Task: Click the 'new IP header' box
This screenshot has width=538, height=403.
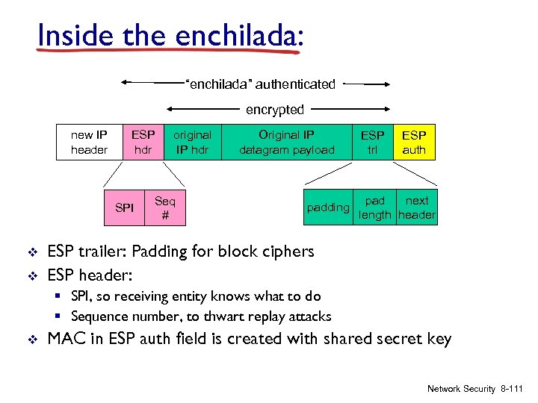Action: [88, 143]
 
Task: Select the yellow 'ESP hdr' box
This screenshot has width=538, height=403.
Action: [143, 143]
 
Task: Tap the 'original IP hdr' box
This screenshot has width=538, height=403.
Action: [192, 143]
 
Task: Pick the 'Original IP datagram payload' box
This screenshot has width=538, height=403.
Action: [286, 143]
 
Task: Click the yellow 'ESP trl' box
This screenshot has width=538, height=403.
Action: [372, 143]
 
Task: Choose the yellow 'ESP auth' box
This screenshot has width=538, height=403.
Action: [414, 143]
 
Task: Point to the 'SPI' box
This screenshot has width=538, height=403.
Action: [125, 207]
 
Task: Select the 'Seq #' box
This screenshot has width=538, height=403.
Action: [164, 207]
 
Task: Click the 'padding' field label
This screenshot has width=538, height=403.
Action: [328, 207]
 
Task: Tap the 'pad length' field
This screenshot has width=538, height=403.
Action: [374, 207]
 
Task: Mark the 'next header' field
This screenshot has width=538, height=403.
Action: [417, 207]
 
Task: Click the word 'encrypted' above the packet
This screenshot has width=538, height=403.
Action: [275, 110]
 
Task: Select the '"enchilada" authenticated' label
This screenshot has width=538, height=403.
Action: [260, 84]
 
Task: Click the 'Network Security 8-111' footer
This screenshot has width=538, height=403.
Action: [475, 389]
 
